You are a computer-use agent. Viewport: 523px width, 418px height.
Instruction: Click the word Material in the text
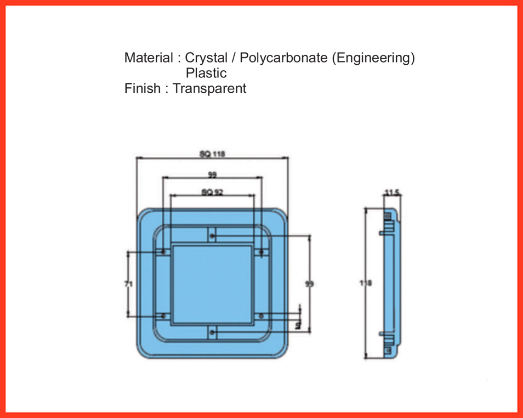(148, 58)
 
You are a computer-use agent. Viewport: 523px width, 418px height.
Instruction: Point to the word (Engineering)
(373, 58)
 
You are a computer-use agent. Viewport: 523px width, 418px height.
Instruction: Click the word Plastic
(206, 73)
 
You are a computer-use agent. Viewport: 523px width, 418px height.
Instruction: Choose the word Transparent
(209, 88)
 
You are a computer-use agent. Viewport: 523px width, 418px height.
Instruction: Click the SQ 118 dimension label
(213, 154)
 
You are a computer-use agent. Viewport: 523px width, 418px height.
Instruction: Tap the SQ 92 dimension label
(212, 192)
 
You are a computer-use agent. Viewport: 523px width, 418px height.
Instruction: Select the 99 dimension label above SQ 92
(212, 175)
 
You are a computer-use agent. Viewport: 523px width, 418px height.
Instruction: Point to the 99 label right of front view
(310, 284)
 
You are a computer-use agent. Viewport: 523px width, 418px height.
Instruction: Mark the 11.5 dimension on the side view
(392, 193)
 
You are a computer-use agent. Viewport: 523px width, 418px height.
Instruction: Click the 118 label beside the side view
(366, 284)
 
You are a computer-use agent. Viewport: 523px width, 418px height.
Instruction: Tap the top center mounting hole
(213, 236)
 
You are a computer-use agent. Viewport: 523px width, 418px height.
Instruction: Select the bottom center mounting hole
(213, 332)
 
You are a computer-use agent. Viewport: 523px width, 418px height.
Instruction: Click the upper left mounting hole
(164, 252)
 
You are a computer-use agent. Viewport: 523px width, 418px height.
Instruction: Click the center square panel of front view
(213, 284)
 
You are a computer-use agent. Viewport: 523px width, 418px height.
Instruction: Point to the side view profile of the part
(390, 284)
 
